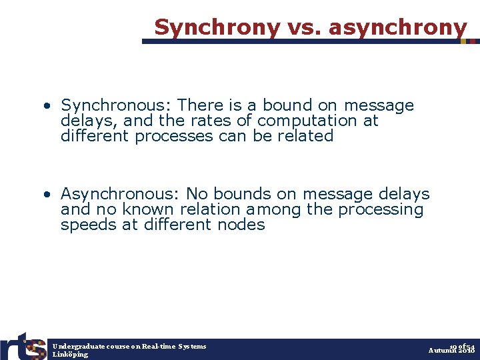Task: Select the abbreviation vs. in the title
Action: [x=305, y=27]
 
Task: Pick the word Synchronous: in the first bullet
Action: [x=117, y=105]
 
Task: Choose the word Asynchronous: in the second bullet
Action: [x=121, y=194]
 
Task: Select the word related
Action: [x=306, y=136]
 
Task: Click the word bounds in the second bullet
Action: [x=241, y=194]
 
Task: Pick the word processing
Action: [x=381, y=209]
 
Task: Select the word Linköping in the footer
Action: [x=70, y=354]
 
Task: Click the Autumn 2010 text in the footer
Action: [x=451, y=350]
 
